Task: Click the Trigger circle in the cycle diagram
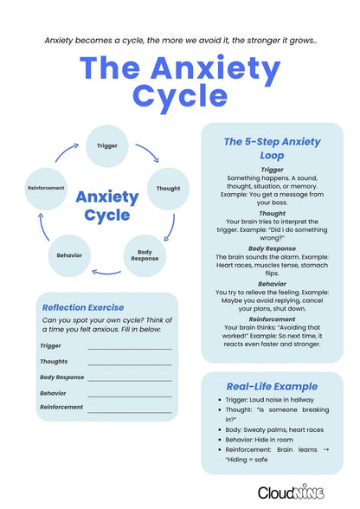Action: pos(107,145)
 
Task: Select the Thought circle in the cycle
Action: pos(167,188)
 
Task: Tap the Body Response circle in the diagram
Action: pos(145,255)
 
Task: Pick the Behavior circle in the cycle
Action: pos(70,255)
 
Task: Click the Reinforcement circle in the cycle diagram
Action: pos(46,188)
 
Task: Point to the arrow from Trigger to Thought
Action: pos(148,152)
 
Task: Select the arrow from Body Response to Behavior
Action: pos(106,273)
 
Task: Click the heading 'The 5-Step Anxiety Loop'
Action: pos(272,149)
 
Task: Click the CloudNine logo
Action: pos(291,492)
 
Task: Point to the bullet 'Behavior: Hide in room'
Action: pos(266,439)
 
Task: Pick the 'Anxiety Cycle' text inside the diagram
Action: pos(106,205)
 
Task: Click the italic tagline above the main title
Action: pos(180,40)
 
